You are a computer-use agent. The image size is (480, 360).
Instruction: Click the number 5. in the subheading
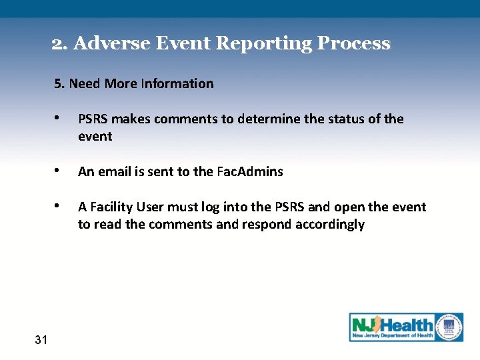click(60, 83)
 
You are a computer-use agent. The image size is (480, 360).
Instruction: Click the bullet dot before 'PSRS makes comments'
click(60, 119)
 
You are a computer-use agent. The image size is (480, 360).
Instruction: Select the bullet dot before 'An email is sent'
click(60, 171)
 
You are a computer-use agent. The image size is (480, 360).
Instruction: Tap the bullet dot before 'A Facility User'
click(60, 207)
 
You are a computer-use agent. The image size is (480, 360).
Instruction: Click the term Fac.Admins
click(250, 171)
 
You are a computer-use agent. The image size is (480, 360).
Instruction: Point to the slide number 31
click(41, 340)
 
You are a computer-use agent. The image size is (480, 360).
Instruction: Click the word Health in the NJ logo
click(407, 325)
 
